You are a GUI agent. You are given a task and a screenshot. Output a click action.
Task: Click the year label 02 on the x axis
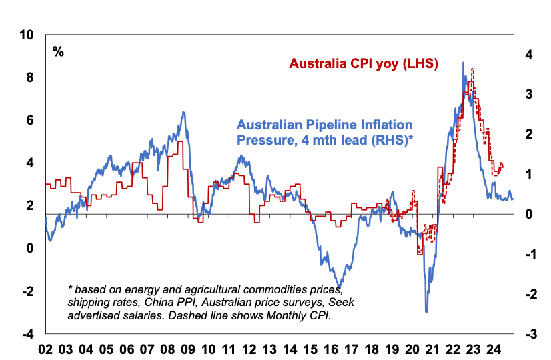(x=45, y=349)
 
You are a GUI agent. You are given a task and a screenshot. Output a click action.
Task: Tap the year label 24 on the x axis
(x=494, y=349)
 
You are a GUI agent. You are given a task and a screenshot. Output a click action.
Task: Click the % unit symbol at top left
(x=59, y=51)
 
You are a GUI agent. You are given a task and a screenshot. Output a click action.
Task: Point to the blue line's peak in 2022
(x=463, y=63)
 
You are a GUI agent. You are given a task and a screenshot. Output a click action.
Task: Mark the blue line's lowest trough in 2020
(x=426, y=311)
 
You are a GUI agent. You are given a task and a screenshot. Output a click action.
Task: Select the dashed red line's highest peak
(x=472, y=69)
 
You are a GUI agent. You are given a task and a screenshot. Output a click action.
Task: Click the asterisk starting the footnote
(x=70, y=289)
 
